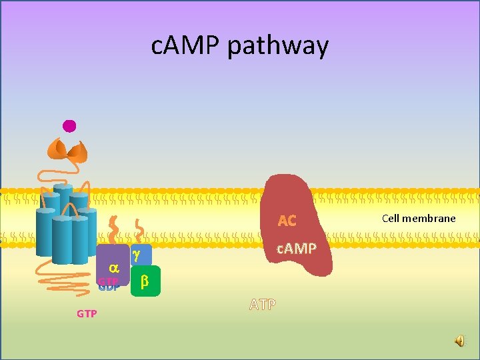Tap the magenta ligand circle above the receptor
click(x=69, y=125)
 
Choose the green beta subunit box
click(x=145, y=281)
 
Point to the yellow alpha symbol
click(x=113, y=267)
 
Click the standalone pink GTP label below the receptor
click(x=87, y=313)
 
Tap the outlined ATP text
click(x=263, y=305)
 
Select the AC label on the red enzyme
click(x=287, y=221)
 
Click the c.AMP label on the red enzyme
click(x=297, y=249)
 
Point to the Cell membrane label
click(x=419, y=218)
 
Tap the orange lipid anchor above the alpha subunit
click(x=114, y=229)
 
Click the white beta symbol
click(x=145, y=282)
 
